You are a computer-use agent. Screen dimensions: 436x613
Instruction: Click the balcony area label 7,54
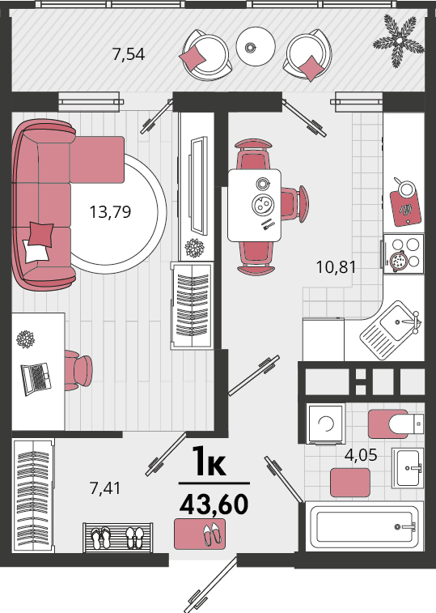[128, 54]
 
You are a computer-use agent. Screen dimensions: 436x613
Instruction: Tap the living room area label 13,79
[110, 212]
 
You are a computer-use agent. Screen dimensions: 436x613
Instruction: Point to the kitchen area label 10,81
[336, 267]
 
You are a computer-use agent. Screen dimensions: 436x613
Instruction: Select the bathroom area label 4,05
[361, 455]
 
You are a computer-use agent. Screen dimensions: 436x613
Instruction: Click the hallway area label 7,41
[105, 488]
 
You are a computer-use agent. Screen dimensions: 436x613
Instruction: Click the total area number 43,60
[214, 504]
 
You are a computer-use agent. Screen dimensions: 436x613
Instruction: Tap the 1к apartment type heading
[209, 462]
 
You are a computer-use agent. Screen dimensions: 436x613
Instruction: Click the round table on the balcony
[256, 46]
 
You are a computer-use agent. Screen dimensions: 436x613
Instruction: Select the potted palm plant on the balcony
[399, 40]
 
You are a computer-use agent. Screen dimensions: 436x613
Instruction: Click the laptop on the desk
[36, 379]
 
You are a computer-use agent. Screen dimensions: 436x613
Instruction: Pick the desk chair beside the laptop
[78, 370]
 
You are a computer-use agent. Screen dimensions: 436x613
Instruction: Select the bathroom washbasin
[408, 468]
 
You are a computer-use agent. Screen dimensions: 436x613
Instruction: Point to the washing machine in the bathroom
[325, 424]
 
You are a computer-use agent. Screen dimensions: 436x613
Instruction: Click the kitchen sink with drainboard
[391, 330]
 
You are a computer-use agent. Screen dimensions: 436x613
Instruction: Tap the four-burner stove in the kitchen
[404, 253]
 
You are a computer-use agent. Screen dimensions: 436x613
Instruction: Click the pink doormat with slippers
[200, 534]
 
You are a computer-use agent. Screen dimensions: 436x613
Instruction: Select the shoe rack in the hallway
[117, 538]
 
